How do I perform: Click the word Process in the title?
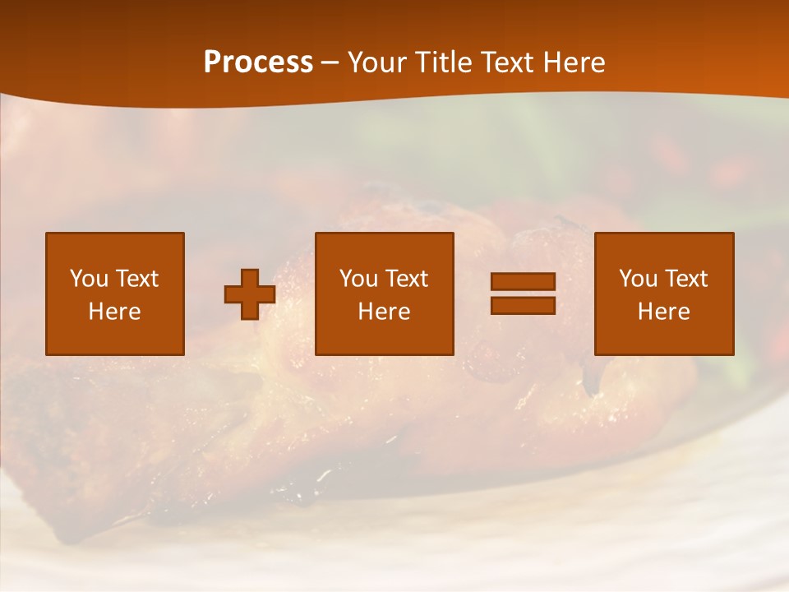tap(258, 62)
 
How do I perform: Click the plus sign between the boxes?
tap(250, 294)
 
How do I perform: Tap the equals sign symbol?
tap(523, 294)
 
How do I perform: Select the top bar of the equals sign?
tap(523, 282)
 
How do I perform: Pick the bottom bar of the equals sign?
tap(523, 305)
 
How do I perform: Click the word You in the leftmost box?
tap(89, 279)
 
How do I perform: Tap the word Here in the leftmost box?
tap(114, 312)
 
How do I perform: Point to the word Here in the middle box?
tap(385, 312)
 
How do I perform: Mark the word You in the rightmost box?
tap(638, 279)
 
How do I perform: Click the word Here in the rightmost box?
tap(664, 312)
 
